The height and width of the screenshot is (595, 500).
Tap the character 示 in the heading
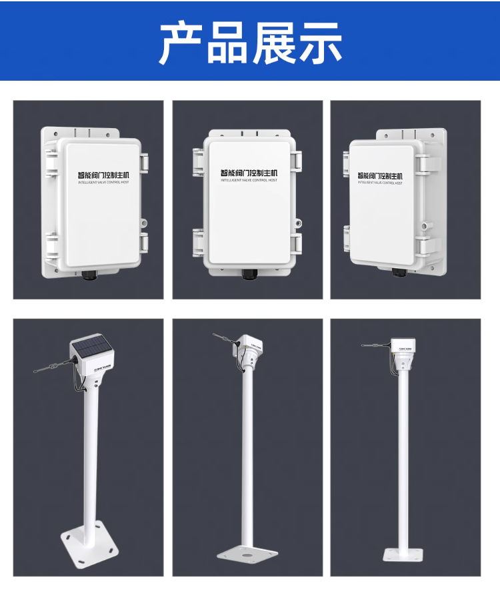[x=318, y=43]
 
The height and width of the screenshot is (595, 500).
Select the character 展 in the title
[x=273, y=43]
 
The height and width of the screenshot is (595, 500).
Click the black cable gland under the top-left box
[x=89, y=273]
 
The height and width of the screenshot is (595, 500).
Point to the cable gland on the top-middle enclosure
[x=250, y=273]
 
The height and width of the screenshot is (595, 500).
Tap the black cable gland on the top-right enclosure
[x=397, y=271]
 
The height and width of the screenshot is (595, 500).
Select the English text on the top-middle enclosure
[x=249, y=180]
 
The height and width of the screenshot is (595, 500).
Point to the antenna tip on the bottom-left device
[x=35, y=371]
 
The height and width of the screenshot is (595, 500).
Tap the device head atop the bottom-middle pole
[x=252, y=347]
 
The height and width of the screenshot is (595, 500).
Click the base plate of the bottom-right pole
[x=403, y=554]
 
